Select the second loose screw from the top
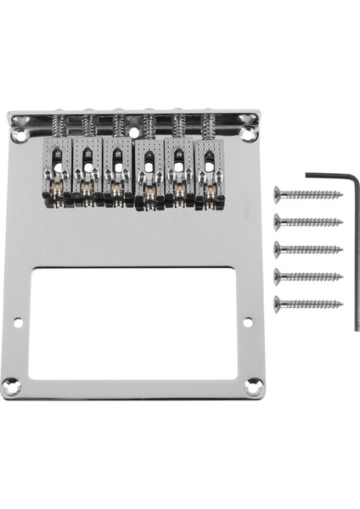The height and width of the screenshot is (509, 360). point(308,222)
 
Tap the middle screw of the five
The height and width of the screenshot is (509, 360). point(308,249)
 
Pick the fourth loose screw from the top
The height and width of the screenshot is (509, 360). point(308,277)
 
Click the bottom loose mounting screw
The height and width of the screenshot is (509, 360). point(308,304)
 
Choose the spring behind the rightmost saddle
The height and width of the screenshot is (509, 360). point(208,127)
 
